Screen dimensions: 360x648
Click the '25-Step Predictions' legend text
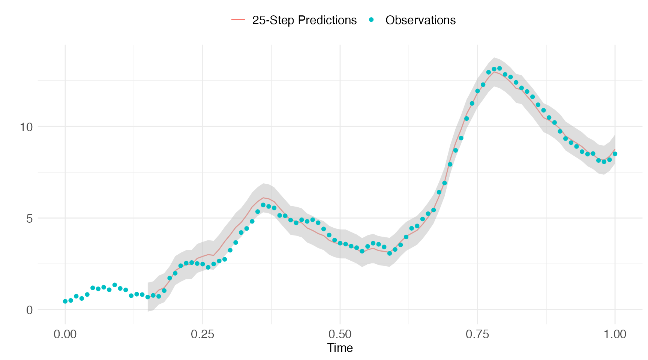304,20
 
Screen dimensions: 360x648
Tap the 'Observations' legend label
420,20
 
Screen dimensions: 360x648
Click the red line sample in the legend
238,20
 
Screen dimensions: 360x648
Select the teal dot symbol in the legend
371,20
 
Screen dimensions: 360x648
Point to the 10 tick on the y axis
26,127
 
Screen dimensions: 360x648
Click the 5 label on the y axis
29,219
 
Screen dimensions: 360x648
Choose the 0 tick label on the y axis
29,310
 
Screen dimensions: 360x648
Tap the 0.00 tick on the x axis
65,334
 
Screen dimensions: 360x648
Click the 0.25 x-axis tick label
202,334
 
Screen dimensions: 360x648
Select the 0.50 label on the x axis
340,334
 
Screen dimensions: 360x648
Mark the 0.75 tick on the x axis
477,334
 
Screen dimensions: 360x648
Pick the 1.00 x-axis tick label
615,334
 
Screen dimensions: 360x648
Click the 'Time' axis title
340,348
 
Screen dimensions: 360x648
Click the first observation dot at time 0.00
65,301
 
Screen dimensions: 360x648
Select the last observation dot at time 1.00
615,154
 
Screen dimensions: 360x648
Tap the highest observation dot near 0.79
499,68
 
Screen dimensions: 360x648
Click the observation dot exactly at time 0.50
340,243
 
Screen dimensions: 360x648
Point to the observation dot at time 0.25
202,264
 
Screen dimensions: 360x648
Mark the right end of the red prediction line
615,149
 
